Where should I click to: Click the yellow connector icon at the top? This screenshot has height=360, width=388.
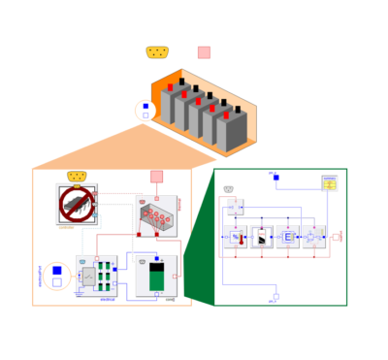pos(158,52)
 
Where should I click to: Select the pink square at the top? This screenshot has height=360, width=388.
pos(204,52)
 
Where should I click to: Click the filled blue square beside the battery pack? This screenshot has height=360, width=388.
pos(145,106)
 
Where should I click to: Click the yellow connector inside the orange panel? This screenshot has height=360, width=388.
pos(77,176)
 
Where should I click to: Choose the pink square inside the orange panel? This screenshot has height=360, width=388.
pos(156,177)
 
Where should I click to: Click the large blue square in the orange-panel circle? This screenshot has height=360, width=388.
pos(56,271)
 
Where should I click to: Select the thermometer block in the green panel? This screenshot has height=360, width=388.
pos(236,237)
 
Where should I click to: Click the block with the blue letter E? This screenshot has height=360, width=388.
pos(289,237)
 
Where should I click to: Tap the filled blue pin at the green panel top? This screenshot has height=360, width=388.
pos(275,178)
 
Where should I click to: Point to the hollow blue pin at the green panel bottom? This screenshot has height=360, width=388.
pos(275,297)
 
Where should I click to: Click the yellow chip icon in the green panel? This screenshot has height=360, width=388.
pos(329,183)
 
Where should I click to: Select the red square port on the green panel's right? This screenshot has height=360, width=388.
pos(337,237)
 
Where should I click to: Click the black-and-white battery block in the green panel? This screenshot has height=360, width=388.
pos(263,237)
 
